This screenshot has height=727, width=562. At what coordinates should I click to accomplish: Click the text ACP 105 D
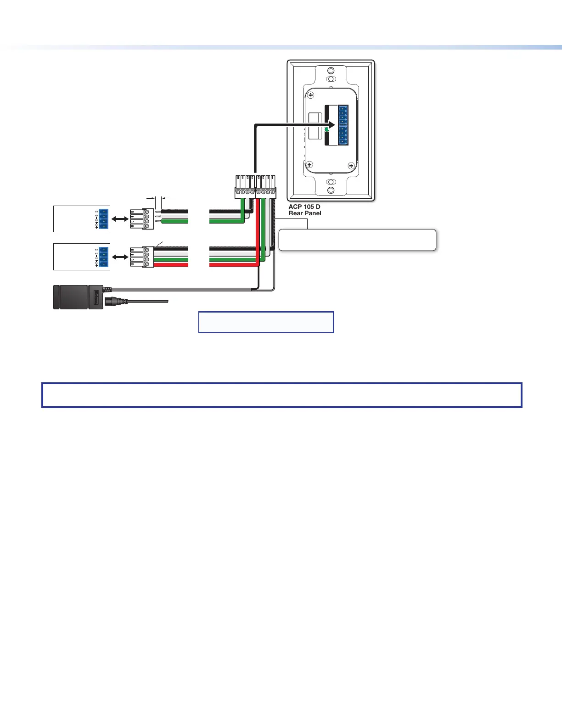click(304, 207)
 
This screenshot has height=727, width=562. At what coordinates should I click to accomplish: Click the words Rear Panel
click(305, 213)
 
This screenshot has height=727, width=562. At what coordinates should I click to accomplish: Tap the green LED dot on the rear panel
click(326, 130)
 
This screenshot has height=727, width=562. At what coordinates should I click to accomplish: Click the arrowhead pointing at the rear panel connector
click(331, 125)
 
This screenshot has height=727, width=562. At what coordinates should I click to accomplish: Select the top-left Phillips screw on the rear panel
click(311, 95)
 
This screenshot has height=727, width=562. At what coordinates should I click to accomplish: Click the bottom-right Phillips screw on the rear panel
click(351, 166)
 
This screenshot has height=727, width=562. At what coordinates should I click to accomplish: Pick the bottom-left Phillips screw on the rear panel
click(309, 164)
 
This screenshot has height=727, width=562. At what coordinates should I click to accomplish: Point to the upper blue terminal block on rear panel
click(343, 115)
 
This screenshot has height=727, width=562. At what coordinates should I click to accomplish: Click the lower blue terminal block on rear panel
click(343, 135)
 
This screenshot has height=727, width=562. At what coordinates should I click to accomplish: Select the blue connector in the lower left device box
click(104, 257)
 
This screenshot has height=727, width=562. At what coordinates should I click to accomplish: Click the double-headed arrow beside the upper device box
click(120, 220)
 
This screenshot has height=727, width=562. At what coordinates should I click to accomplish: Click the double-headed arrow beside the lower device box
click(120, 257)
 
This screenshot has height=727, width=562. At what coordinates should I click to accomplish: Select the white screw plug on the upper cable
click(142, 219)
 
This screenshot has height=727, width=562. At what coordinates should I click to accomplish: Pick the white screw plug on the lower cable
click(142, 257)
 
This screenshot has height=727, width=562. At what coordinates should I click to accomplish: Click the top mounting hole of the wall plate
click(331, 72)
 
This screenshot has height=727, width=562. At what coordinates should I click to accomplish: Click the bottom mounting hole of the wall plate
click(331, 190)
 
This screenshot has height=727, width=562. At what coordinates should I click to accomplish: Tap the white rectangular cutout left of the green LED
click(315, 125)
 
